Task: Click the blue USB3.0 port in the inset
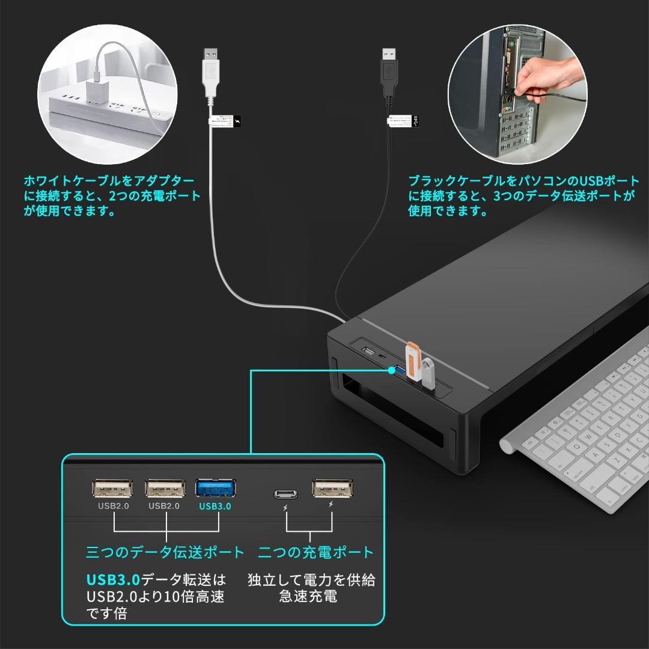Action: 215,488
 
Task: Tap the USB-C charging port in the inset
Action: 286,494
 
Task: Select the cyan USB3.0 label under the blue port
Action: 215,506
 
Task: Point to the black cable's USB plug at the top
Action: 389,69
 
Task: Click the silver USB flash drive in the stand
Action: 427,374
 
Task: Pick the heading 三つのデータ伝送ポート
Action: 165,552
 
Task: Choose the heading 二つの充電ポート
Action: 316,552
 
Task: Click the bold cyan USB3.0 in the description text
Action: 113,580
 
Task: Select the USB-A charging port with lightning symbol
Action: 332,487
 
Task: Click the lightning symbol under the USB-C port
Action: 286,510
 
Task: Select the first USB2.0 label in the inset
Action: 114,506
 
